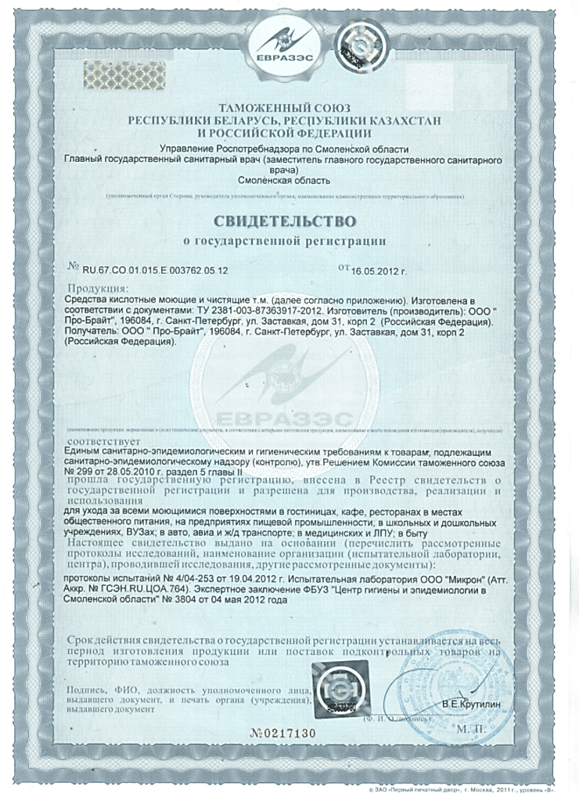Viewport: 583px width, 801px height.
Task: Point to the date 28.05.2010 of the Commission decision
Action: point(137,472)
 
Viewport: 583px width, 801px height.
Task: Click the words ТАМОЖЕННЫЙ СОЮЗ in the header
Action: point(285,107)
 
